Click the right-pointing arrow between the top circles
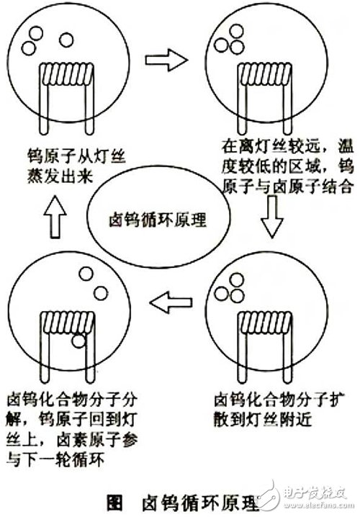click(166, 60)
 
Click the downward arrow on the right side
click(272, 216)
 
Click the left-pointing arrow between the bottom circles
click(171, 302)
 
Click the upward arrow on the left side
click(55, 216)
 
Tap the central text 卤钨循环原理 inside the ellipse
click(158, 220)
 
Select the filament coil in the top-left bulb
click(67, 74)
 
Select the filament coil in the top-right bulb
click(265, 74)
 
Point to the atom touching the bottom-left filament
click(78, 341)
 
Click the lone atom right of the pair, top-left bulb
click(66, 40)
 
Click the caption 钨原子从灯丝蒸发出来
click(76, 166)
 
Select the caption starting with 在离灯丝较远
click(287, 167)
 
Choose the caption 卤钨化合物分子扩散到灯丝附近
click(279, 410)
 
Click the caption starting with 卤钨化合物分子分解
click(72, 429)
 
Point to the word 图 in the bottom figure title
click(115, 503)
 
